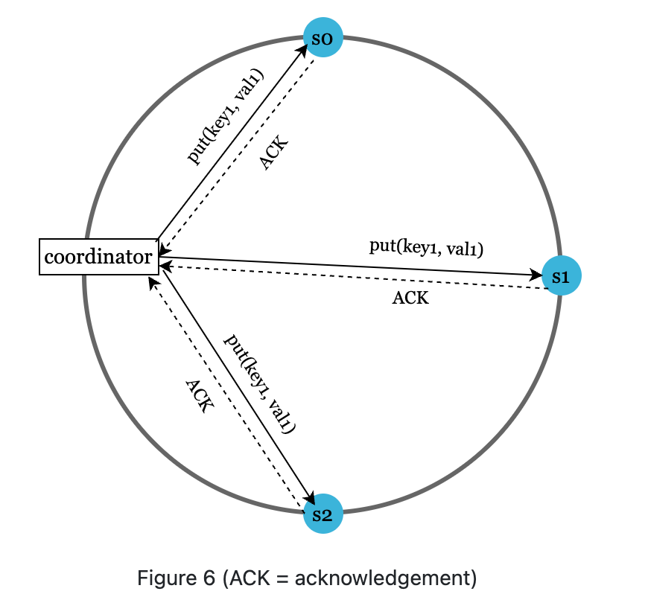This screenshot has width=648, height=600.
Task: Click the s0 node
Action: [323, 37]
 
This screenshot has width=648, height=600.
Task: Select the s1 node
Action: [561, 276]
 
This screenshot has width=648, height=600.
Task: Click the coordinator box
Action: [98, 257]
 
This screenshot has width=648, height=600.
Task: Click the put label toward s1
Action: [427, 248]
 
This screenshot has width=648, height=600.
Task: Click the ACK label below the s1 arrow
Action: [410, 299]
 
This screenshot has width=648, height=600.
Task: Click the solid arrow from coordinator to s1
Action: [350, 267]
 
